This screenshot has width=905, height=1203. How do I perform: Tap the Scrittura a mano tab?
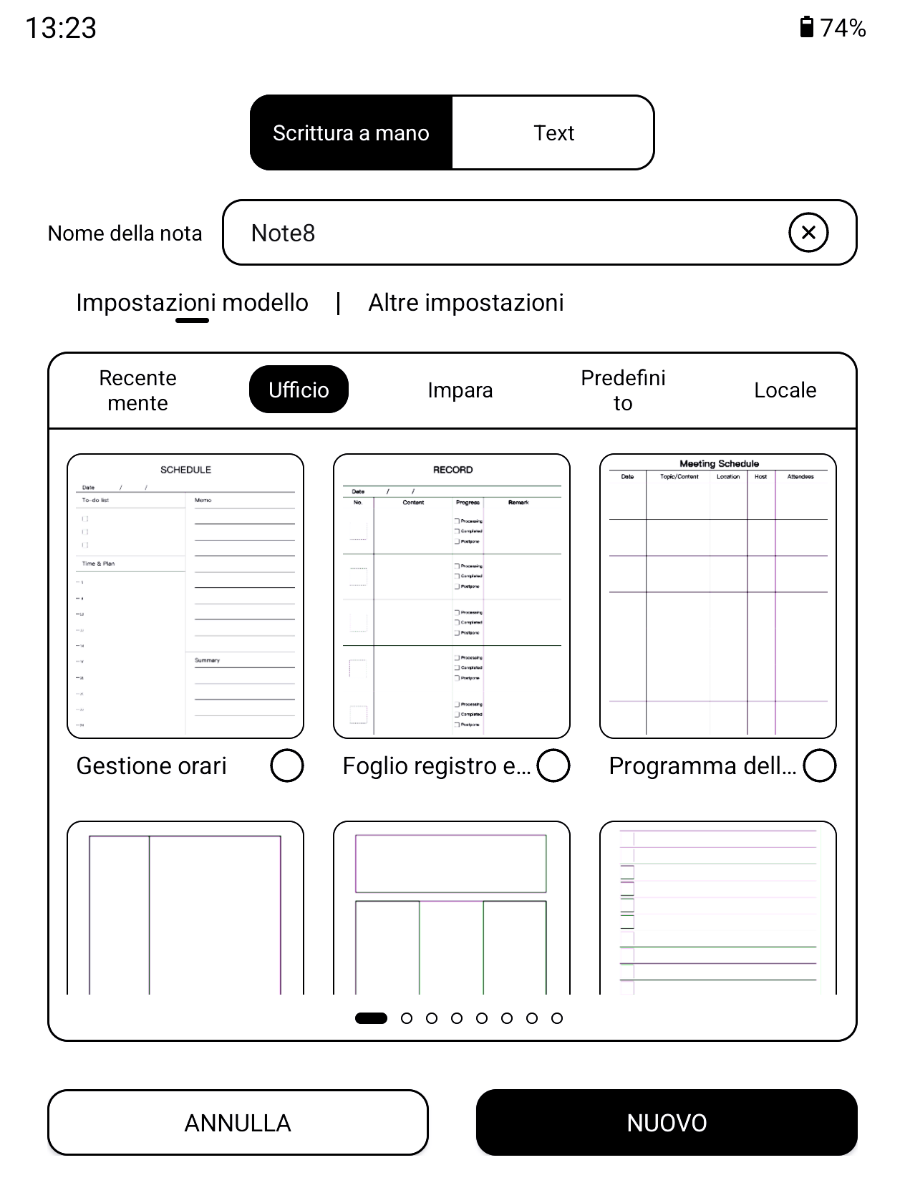pos(351,133)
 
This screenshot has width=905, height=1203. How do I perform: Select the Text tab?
pos(553,133)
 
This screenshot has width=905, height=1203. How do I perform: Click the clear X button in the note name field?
pos(808,233)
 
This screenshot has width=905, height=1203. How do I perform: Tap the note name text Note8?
pos(284,233)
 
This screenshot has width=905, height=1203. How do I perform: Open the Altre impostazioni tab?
pos(465,303)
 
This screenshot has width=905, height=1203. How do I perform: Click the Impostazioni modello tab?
pos(192,303)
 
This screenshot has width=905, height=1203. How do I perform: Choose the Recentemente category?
pos(137,390)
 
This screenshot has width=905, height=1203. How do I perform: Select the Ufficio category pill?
pos(299,390)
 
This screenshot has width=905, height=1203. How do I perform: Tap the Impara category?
pos(460,390)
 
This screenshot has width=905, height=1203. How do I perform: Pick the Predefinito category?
pos(623,390)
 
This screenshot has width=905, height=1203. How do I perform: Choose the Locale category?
pos(785,390)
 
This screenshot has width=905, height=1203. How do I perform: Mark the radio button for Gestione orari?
pos(287,765)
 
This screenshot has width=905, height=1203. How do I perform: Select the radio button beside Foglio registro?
pos(553,765)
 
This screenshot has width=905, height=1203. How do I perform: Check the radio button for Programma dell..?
pos(820,765)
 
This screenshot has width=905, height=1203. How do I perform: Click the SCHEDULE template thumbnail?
pos(185,596)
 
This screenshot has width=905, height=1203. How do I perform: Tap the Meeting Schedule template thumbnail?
pos(718,596)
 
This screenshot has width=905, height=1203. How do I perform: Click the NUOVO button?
pos(667,1123)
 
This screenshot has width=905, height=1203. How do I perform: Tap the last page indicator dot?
pos(557,1018)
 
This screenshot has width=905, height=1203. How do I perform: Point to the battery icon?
pos(807,27)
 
